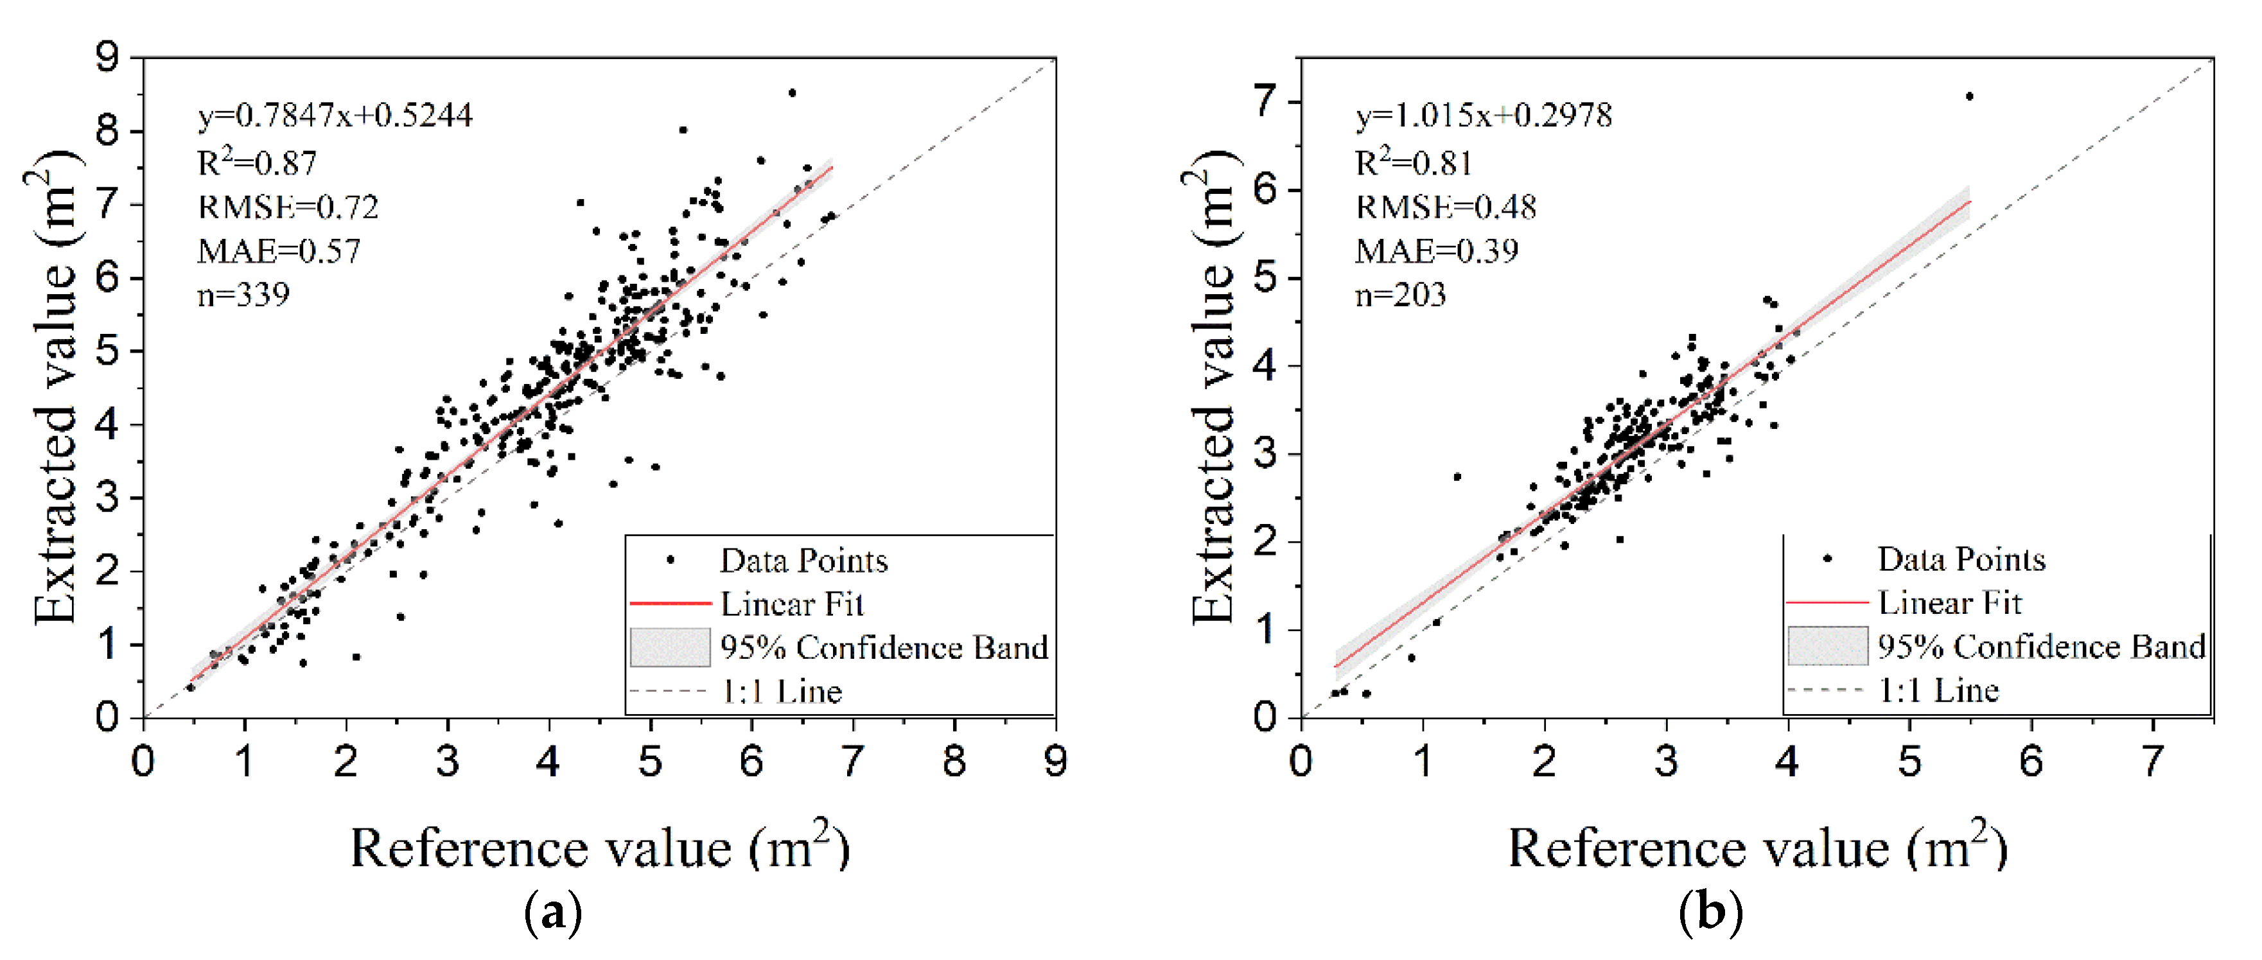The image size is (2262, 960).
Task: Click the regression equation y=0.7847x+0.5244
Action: (335, 115)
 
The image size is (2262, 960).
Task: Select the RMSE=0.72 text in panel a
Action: (288, 207)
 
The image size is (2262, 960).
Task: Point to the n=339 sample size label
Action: (243, 295)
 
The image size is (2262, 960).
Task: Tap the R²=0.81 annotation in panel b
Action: (1413, 162)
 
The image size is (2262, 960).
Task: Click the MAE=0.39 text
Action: (1437, 251)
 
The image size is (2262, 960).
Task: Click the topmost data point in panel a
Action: (792, 92)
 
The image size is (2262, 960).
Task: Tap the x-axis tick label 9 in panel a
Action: (1055, 761)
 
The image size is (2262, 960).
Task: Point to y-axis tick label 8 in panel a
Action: (107, 132)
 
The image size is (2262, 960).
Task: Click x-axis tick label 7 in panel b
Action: (2152, 761)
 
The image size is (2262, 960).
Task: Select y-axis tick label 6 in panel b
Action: (1265, 189)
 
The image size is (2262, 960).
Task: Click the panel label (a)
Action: (552, 914)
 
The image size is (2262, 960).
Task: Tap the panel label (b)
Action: (1710, 914)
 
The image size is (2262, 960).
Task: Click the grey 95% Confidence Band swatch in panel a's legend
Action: (670, 647)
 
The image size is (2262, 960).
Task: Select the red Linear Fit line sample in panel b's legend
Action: (1827, 602)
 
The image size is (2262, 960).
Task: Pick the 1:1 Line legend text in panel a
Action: (782, 692)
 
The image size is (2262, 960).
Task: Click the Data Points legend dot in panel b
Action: (1827, 559)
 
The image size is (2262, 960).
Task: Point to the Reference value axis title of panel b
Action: (1757, 848)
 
